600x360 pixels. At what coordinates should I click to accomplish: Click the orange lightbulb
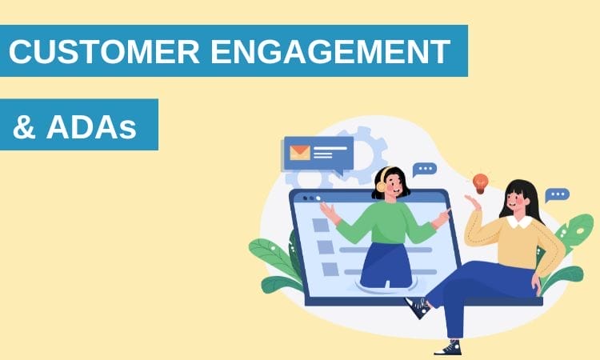(x=480, y=182)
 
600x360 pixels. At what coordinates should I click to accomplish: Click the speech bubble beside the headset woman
(x=424, y=170)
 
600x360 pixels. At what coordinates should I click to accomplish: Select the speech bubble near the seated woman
(x=557, y=194)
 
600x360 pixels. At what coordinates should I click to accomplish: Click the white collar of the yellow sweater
(x=519, y=221)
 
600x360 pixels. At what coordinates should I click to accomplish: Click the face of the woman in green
(x=394, y=186)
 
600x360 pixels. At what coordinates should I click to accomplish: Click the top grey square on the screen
(x=320, y=226)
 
